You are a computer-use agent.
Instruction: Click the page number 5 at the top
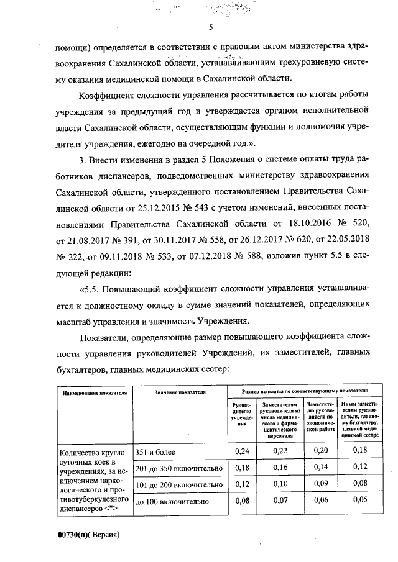click(210, 27)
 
